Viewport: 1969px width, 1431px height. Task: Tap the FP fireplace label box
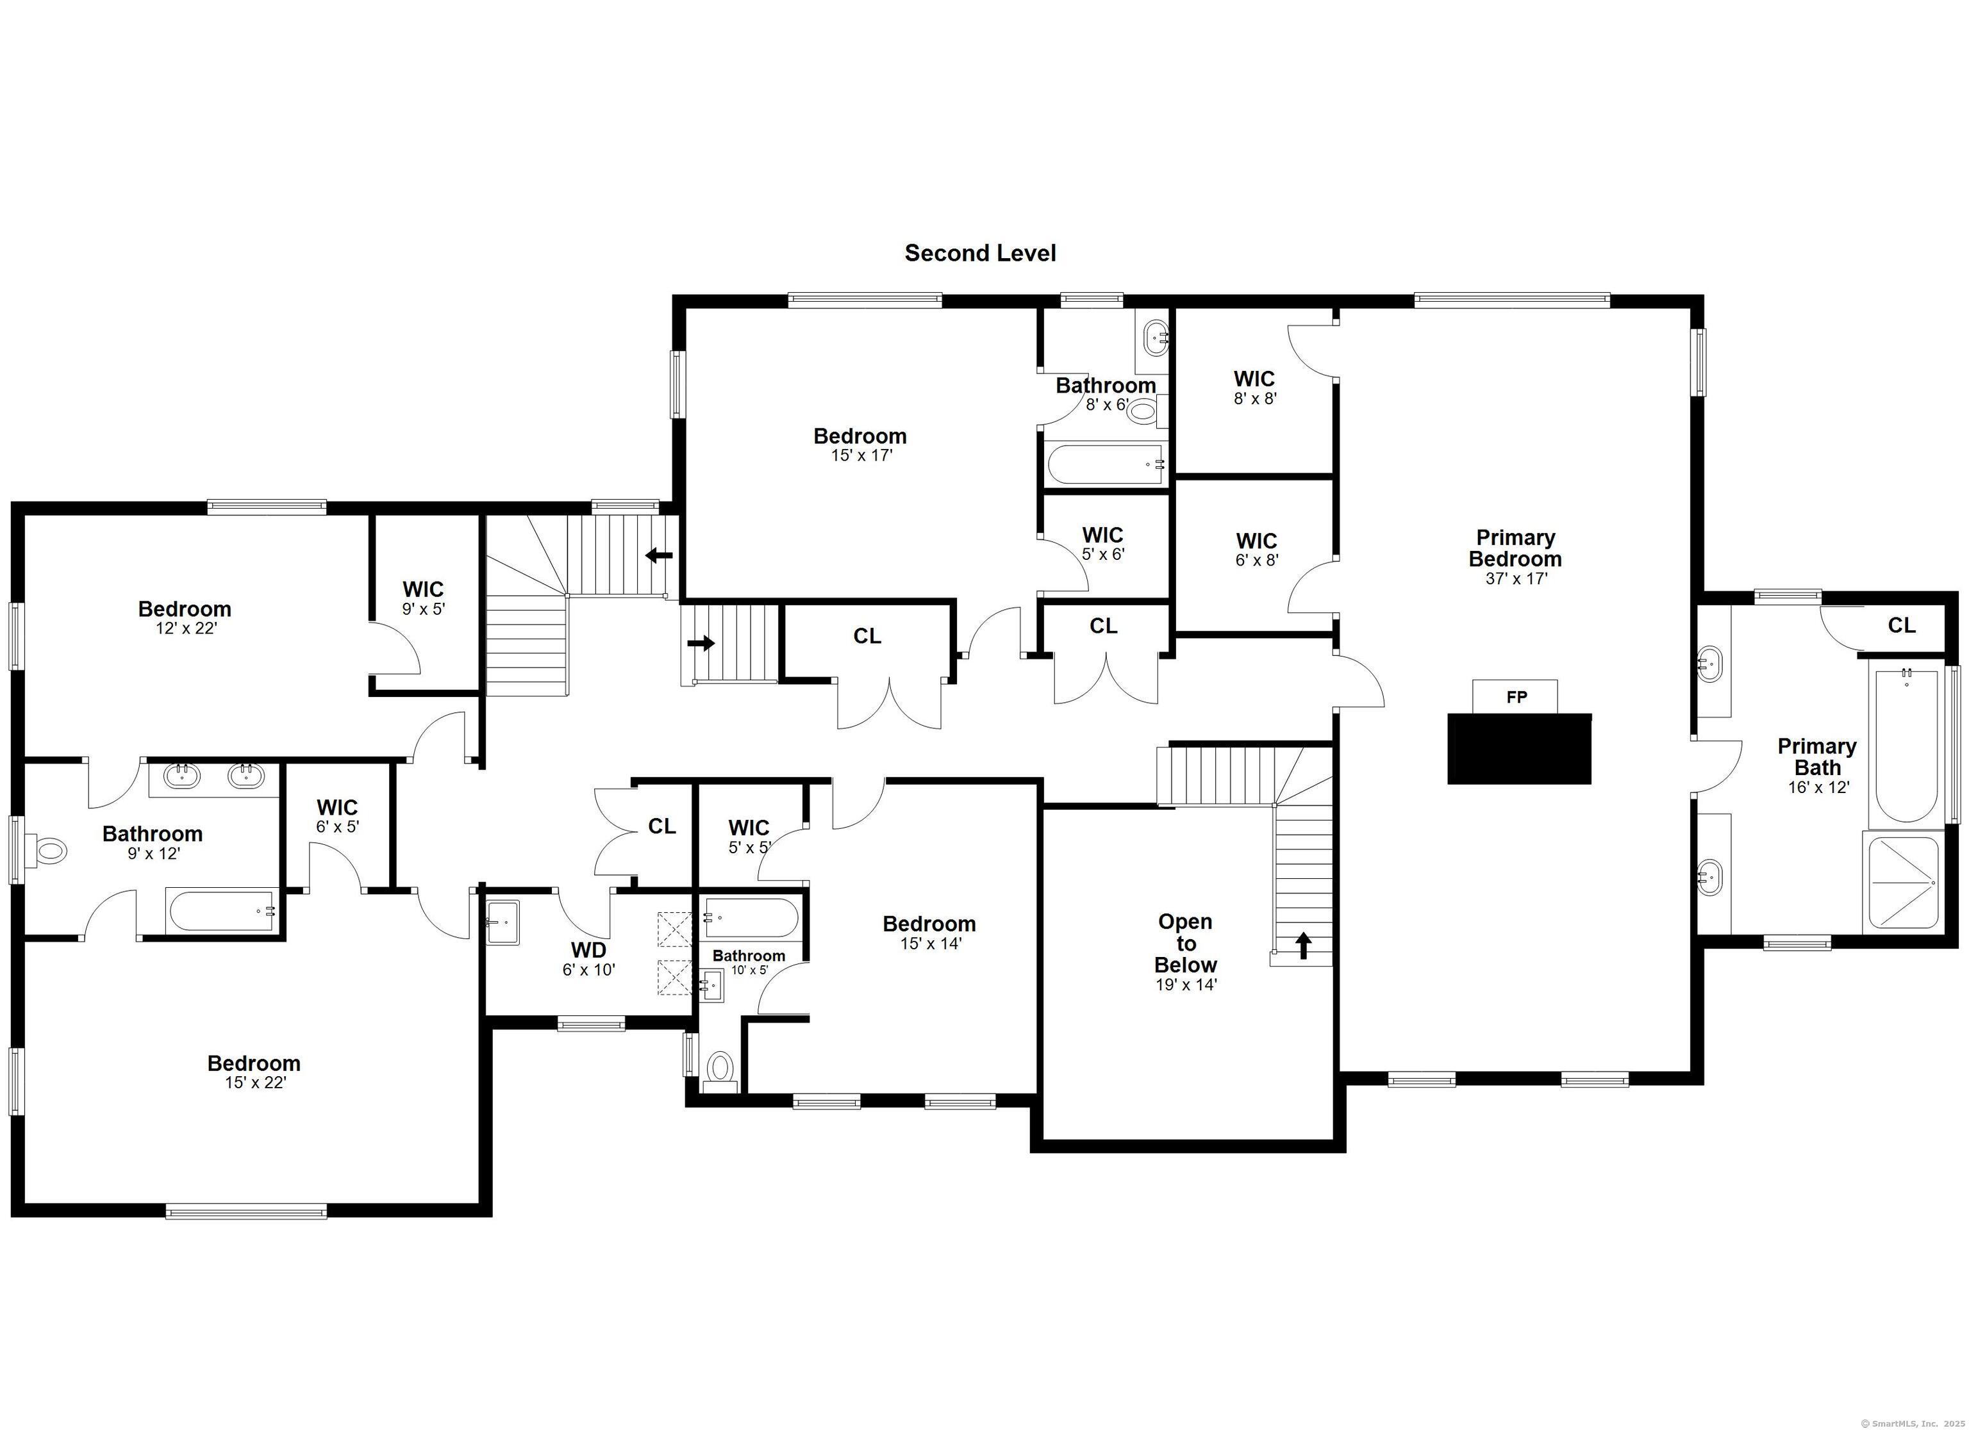point(1515,697)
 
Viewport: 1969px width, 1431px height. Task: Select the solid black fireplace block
point(1519,749)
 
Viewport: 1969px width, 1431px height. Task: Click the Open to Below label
point(1186,944)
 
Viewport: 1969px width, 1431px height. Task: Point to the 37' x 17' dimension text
point(1516,579)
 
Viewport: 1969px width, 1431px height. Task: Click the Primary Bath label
point(1817,756)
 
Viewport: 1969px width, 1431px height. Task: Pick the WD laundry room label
point(588,949)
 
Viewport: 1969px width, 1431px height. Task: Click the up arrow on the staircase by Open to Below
point(1303,945)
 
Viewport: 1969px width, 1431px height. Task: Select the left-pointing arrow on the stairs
point(659,555)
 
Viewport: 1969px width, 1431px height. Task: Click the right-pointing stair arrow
point(701,643)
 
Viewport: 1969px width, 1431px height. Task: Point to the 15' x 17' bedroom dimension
point(861,455)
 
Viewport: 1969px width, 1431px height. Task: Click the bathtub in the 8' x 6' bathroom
point(1105,464)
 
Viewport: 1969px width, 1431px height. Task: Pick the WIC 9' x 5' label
point(424,599)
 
